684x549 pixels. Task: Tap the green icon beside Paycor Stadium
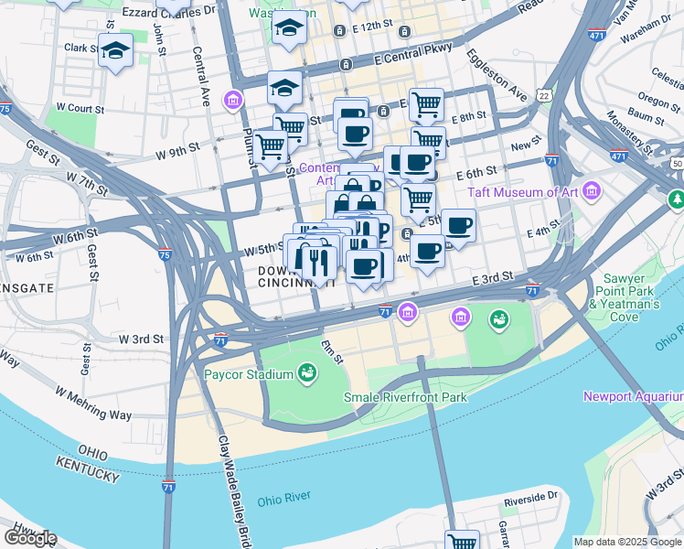(307, 373)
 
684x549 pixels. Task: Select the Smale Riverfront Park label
(405, 397)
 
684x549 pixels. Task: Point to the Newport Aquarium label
(633, 396)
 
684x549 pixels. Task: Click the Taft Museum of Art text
(524, 192)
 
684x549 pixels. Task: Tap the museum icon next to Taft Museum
(592, 191)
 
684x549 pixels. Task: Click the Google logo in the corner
(29, 538)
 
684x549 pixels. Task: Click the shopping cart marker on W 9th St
(270, 146)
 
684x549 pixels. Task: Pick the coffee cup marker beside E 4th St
(458, 225)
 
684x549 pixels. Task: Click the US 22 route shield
(544, 94)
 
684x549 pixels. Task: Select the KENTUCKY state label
(86, 471)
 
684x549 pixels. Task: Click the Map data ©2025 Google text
(627, 542)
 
